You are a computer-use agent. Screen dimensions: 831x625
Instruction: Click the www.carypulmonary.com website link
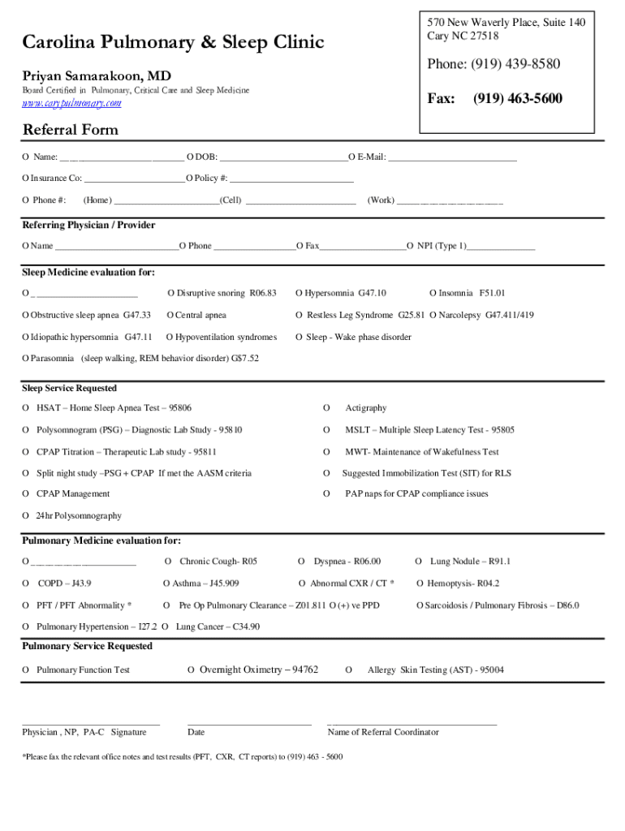tap(71, 104)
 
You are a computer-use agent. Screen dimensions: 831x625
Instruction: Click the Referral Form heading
tap(71, 130)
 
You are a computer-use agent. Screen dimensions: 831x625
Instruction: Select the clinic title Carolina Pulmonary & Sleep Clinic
tap(173, 42)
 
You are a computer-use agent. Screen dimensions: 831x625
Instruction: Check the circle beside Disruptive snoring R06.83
tap(171, 293)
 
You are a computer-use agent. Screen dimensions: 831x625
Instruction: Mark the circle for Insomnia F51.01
tap(433, 293)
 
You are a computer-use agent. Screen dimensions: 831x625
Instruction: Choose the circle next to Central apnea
tap(170, 315)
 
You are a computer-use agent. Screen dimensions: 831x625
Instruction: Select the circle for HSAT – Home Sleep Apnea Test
tap(26, 407)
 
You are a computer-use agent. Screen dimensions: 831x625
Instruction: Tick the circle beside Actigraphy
tap(326, 407)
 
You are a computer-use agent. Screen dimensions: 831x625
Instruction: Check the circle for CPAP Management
tap(26, 493)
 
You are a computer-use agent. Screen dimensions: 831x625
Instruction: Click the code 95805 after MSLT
tap(502, 429)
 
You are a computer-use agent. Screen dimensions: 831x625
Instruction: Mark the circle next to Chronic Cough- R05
tap(168, 561)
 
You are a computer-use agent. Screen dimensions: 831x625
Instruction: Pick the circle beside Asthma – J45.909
tap(166, 583)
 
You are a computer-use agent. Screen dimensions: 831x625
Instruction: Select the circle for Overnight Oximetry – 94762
tap(191, 670)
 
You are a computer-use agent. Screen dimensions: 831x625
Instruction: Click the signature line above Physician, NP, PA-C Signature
tap(91, 722)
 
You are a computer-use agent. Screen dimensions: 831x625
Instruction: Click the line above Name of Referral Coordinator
tap(412, 722)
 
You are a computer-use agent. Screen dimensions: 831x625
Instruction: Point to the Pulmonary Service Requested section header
tap(87, 646)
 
